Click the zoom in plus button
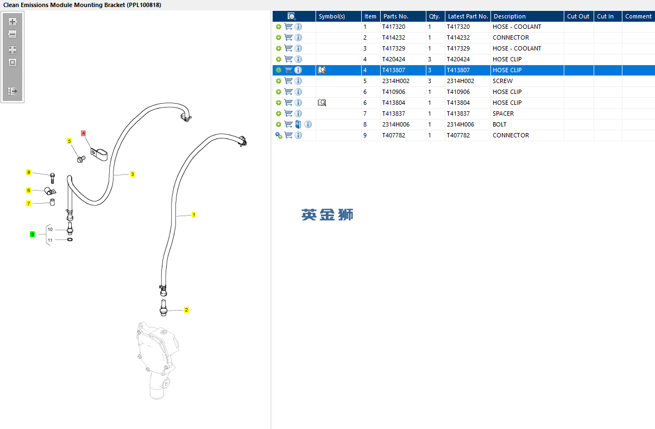coord(12,22)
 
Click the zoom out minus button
coord(12,34)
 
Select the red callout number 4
coord(83,134)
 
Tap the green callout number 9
coord(33,234)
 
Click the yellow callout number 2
coord(186,310)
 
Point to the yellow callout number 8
coord(29,172)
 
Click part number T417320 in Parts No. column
coord(394,27)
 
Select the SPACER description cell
coord(503,113)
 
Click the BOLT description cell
coord(500,124)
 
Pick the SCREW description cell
coord(502,81)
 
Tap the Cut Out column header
coord(578,16)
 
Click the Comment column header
coord(638,16)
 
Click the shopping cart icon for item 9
coord(288,135)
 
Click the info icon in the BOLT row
coord(308,124)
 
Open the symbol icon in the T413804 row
coord(322,103)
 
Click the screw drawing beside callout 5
coord(81,159)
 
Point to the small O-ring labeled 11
coord(70,239)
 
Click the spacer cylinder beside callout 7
coord(52,203)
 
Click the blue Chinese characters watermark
coord(327,214)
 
